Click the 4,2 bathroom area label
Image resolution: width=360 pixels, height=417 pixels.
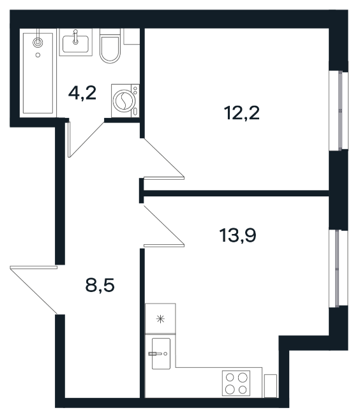pyautogui.click(x=82, y=94)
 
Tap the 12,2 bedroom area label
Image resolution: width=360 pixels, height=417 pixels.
pyautogui.click(x=242, y=113)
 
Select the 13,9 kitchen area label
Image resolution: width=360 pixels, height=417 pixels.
pyautogui.click(x=238, y=236)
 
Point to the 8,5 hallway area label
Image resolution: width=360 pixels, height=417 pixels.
pyautogui.click(x=100, y=286)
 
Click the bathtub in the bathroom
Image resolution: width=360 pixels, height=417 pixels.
pyautogui.click(x=38, y=73)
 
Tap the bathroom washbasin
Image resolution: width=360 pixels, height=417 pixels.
pyautogui.click(x=75, y=43)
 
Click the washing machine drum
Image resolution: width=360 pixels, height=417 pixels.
pyautogui.click(x=123, y=101)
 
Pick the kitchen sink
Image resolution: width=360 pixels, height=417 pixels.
pyautogui.click(x=161, y=353)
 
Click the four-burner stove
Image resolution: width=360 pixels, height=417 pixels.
pyautogui.click(x=236, y=383)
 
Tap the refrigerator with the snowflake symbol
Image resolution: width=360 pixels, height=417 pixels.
pyautogui.click(x=160, y=318)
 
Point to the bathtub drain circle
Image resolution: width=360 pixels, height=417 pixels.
pyautogui.click(x=38, y=55)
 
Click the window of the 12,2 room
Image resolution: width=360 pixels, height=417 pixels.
pyautogui.click(x=339, y=111)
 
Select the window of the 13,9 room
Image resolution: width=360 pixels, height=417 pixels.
pyautogui.click(x=338, y=268)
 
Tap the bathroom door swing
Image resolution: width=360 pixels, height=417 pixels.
pyautogui.click(x=86, y=140)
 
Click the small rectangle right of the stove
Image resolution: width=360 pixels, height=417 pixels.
pyautogui.click(x=271, y=386)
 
